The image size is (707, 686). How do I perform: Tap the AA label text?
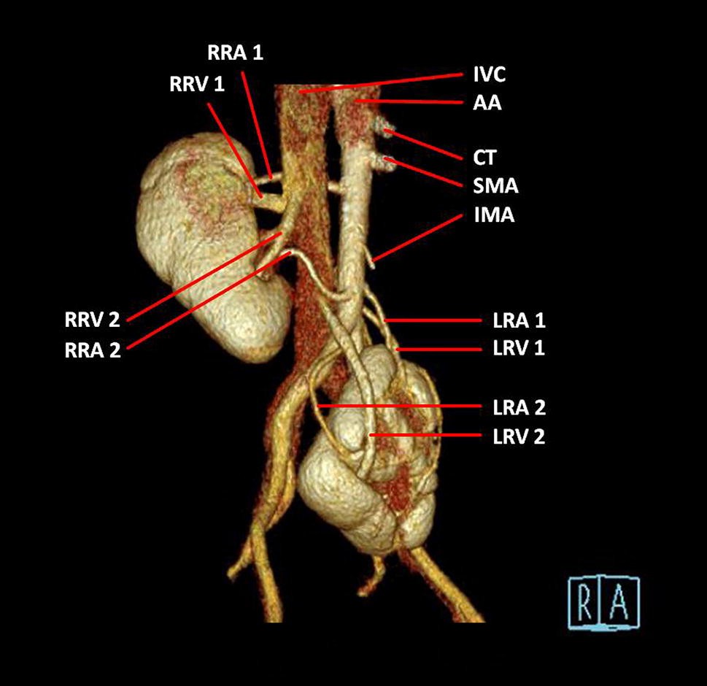click(x=487, y=104)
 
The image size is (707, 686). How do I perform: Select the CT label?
click(x=485, y=157)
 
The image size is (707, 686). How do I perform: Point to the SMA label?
click(x=495, y=186)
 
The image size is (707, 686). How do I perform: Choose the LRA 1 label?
click(x=519, y=320)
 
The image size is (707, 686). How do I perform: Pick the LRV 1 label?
click(x=519, y=349)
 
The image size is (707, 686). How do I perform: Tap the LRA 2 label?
click(x=519, y=406)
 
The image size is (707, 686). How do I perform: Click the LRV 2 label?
click(x=519, y=436)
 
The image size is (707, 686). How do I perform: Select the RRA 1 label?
click(x=236, y=53)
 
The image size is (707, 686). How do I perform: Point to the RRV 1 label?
click(x=197, y=83)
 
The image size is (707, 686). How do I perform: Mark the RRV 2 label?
click(x=92, y=320)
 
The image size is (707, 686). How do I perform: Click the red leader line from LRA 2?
click(x=401, y=406)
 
